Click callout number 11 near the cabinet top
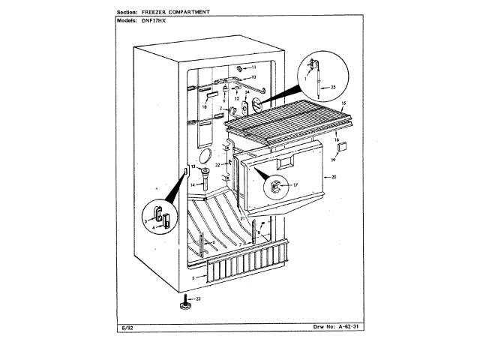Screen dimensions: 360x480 click(253, 67)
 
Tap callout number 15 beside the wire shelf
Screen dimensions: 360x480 click(343, 102)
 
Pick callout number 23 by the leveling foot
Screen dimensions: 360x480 click(198, 298)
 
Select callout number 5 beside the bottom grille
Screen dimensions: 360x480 click(193, 278)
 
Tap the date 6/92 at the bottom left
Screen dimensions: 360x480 click(124, 327)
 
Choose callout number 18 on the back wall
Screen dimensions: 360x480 click(203, 106)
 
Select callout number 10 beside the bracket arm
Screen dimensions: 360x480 click(253, 77)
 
